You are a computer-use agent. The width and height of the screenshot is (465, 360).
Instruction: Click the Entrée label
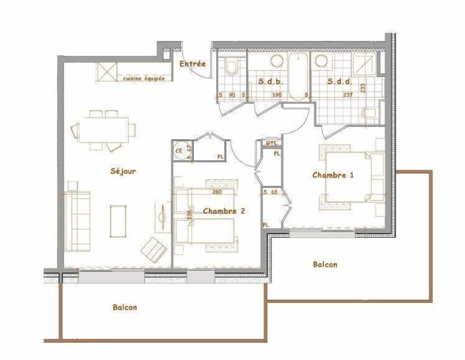[x=192, y=64]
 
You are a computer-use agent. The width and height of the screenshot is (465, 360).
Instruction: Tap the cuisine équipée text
[x=143, y=78]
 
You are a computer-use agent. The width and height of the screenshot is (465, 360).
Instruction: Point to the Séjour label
[x=123, y=171]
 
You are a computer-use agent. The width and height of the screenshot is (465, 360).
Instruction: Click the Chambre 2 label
[x=223, y=211]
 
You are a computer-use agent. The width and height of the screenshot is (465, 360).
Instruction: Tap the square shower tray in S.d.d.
[x=363, y=63]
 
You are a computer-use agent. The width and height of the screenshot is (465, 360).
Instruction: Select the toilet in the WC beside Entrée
[x=232, y=66]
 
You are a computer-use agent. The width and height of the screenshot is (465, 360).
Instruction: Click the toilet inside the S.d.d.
[x=371, y=114]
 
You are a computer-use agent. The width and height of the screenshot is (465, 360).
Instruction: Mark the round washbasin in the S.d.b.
[x=277, y=61]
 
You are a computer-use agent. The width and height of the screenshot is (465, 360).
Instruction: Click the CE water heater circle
[x=179, y=150]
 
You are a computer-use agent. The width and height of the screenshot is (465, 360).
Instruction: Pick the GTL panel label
[x=271, y=143]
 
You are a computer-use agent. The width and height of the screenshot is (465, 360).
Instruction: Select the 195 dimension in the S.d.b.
[x=277, y=95]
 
